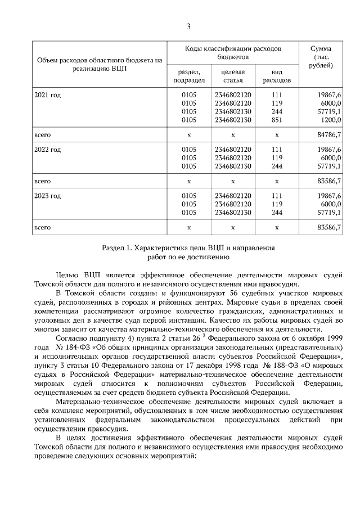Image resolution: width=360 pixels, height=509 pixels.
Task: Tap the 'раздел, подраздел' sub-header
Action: (189, 76)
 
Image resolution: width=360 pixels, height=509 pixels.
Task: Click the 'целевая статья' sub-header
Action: (233, 76)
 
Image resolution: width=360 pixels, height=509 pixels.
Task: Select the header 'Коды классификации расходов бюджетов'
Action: (233, 53)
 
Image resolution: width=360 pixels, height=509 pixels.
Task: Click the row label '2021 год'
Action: (48, 95)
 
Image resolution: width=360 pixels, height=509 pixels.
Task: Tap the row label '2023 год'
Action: (48, 196)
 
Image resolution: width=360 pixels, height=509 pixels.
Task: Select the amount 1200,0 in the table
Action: (331, 120)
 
